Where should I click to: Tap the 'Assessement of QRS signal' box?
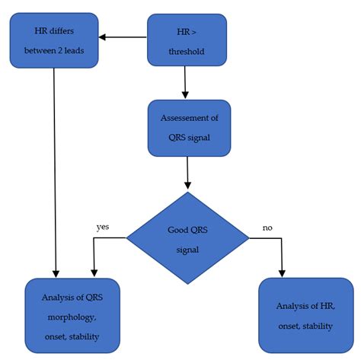(188, 128)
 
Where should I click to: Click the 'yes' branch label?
(103, 226)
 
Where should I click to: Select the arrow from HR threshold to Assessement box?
(185, 83)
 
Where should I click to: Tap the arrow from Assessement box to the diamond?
(187, 173)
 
